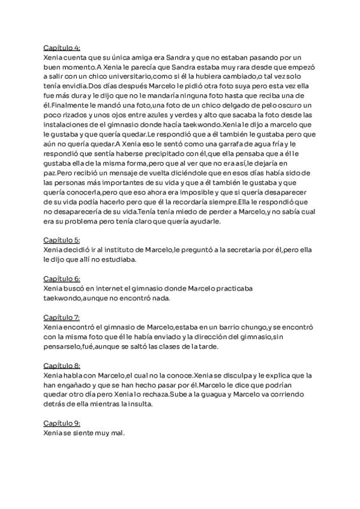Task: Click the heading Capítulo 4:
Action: point(62,47)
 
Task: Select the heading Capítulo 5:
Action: point(62,239)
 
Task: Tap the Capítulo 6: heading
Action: point(62,279)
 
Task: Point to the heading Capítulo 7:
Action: point(62,317)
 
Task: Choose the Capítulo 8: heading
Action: point(62,366)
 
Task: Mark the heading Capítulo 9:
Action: point(62,423)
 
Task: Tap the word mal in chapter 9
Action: point(116,433)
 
